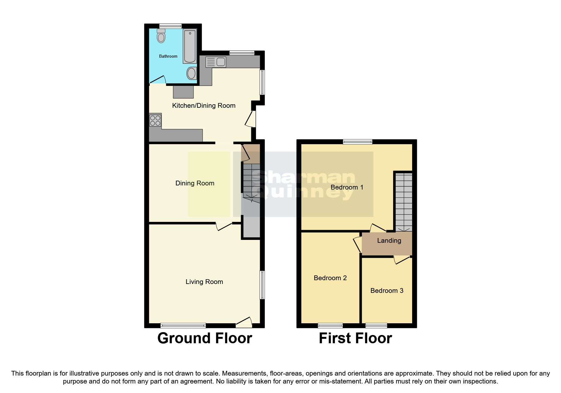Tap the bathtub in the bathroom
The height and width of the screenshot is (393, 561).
tap(190, 46)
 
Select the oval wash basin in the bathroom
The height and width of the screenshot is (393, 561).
tap(191, 74)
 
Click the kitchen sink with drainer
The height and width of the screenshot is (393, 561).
tap(216, 62)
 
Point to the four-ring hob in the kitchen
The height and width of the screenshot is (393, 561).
tap(155, 120)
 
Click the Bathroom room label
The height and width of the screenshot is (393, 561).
tap(168, 56)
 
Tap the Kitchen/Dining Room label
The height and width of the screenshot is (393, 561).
tap(204, 106)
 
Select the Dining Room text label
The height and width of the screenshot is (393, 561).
tap(195, 183)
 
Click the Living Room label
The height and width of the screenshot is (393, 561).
tap(204, 282)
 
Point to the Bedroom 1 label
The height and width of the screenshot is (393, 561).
tap(347, 187)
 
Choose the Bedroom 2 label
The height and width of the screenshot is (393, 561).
tap(330, 278)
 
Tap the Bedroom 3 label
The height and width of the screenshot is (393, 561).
tap(387, 291)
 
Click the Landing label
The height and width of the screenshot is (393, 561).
tap(389, 241)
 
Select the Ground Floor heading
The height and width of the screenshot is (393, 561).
tap(205, 338)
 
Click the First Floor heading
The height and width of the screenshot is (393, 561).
tap(355, 338)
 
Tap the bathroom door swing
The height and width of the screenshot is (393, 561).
tap(157, 80)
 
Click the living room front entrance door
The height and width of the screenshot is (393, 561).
tap(244, 322)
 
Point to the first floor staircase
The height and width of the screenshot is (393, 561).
tap(404, 201)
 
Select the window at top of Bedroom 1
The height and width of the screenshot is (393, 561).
tap(358, 142)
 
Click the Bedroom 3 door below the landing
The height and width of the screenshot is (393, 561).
tap(402, 260)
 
